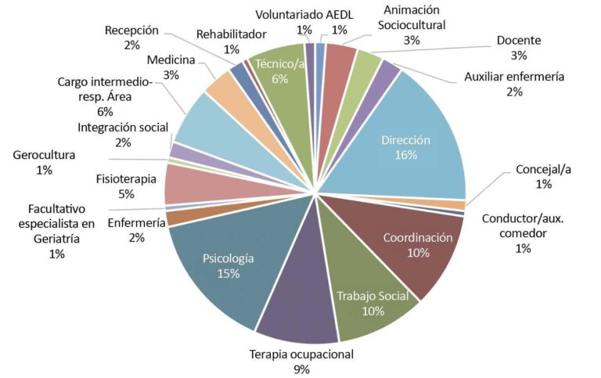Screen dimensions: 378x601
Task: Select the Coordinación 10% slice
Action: [407, 244]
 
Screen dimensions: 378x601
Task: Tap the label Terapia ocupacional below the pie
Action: [301, 354]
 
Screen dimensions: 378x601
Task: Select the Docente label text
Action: [519, 40]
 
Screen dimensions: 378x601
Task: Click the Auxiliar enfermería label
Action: [513, 77]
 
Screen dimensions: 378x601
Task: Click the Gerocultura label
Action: [44, 155]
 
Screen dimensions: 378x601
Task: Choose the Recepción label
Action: [131, 31]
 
